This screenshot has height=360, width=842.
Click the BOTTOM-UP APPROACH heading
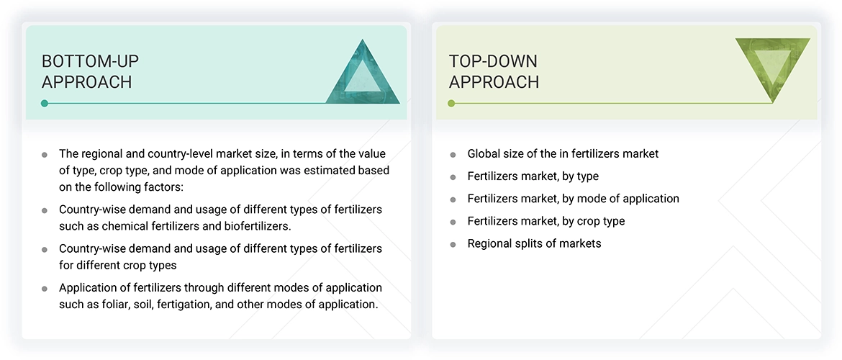[87, 71]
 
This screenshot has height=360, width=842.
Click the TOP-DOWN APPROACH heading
[494, 71]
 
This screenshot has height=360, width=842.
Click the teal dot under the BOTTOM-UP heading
[45, 104]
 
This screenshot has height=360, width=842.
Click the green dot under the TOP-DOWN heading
[451, 104]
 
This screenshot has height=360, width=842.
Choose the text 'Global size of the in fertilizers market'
[563, 153]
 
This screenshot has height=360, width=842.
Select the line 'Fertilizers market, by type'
[533, 176]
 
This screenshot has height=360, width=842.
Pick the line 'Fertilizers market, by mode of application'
[573, 198]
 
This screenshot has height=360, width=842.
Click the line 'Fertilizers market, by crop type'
[546, 221]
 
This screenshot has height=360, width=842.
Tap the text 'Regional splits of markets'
[534, 243]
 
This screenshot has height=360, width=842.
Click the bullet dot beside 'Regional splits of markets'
[453, 244]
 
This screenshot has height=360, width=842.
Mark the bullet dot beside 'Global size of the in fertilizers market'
[453, 154]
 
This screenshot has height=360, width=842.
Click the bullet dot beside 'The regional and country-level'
[45, 154]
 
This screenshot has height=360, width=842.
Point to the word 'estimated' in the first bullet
[322, 171]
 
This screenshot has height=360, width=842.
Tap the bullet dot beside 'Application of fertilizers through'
[45, 288]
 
